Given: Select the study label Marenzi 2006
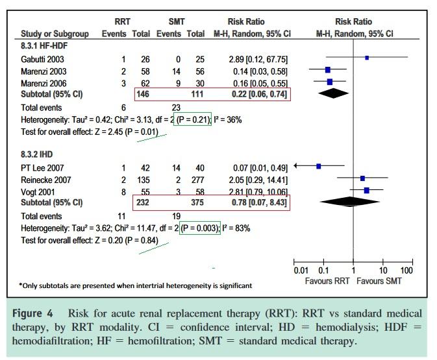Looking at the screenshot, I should (x=44, y=82).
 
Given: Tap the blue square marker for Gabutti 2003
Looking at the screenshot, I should (x=367, y=58).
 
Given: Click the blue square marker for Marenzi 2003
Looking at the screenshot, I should (x=328, y=70).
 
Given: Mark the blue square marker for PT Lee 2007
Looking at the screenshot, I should (x=319, y=166).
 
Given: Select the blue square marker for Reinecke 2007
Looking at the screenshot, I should (x=362, y=178).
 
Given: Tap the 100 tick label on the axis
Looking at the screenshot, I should (x=406, y=270).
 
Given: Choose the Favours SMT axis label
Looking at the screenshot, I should (x=379, y=281).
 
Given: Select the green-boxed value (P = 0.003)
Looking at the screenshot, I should (x=197, y=228).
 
